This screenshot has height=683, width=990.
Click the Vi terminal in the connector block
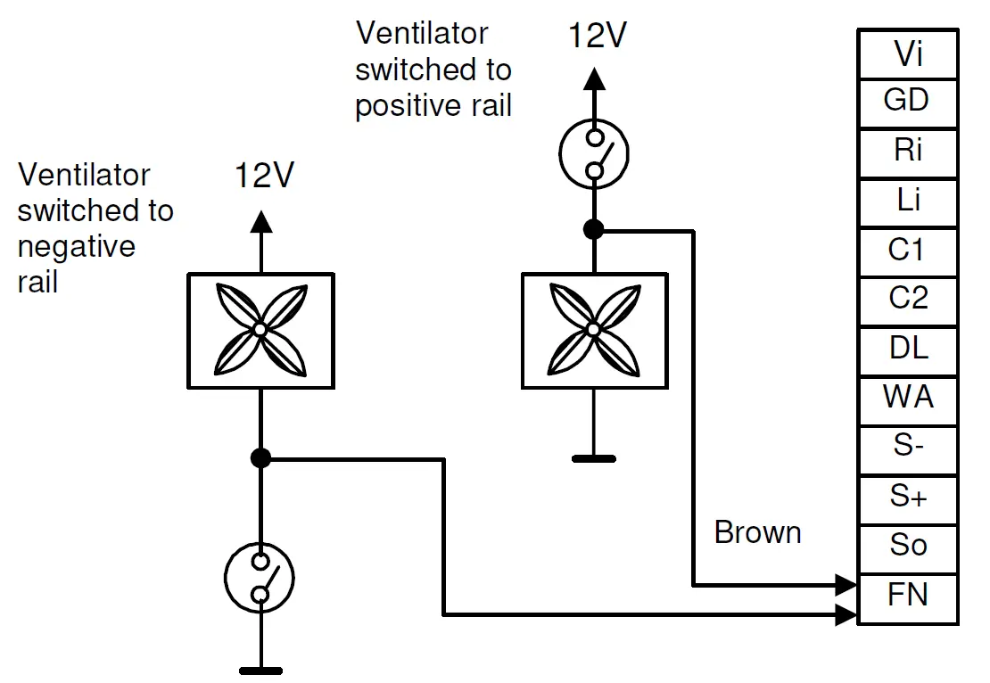(908, 53)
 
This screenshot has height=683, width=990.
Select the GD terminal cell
(908, 103)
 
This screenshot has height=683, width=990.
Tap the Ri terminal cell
(908, 153)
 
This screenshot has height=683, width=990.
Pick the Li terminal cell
(908, 203)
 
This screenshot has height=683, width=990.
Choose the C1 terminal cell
(908, 252)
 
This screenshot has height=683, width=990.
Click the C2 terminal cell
(908, 301)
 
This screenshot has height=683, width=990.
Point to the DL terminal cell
(908, 351)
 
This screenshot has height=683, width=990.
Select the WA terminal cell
(908, 401)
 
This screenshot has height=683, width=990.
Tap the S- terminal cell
(908, 450)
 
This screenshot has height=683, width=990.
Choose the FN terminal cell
(908, 599)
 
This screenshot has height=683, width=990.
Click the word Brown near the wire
(757, 533)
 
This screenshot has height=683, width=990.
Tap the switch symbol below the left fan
(260, 578)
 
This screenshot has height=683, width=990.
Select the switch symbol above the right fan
(594, 154)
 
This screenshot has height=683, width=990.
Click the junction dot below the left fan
(260, 457)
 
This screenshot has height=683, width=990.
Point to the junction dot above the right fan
(593, 229)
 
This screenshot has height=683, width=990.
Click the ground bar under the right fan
(593, 459)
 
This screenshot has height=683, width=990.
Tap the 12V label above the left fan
(264, 176)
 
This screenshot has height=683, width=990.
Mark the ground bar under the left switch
(260, 671)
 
